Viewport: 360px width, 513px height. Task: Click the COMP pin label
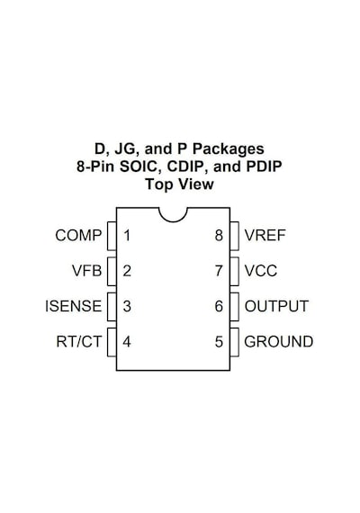click(x=78, y=236)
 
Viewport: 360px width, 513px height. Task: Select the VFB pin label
click(x=87, y=271)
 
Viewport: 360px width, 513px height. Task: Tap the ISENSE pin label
click(x=74, y=306)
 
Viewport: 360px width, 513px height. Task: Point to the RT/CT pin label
click(x=79, y=342)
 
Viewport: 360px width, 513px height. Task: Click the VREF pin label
click(x=265, y=236)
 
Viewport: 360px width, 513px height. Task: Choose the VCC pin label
click(x=261, y=271)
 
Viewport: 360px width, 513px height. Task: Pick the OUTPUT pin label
click(x=276, y=306)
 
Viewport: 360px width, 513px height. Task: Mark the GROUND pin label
click(x=279, y=342)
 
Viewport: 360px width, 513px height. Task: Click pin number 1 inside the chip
click(x=127, y=236)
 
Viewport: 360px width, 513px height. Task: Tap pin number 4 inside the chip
click(x=127, y=342)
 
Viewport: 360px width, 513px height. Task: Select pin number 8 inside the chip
click(x=219, y=236)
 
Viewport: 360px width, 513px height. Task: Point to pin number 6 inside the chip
click(x=219, y=306)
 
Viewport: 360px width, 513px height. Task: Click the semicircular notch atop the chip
click(x=173, y=220)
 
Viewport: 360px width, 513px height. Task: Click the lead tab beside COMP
click(x=112, y=236)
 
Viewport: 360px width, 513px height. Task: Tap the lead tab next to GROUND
click(x=234, y=342)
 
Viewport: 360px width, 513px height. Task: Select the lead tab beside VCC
click(x=234, y=271)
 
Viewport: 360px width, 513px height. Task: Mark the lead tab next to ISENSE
click(x=112, y=307)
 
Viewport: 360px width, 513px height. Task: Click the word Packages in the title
click(x=228, y=149)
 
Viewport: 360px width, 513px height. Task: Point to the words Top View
click(x=179, y=184)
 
